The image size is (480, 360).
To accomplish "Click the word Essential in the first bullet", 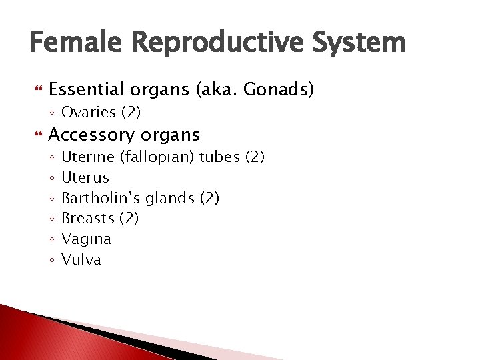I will (85, 89).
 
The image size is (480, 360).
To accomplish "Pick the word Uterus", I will (85, 177).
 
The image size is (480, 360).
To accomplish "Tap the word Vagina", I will (86, 239).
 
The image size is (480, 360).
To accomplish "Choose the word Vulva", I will (81, 259).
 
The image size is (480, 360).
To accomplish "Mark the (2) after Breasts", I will (128, 219).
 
